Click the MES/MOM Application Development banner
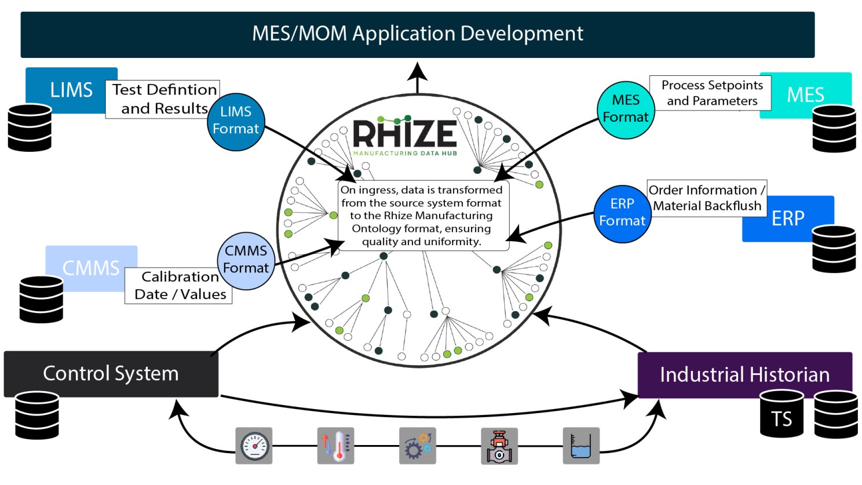(x=417, y=34)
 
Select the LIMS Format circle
(x=236, y=121)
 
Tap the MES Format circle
(x=626, y=110)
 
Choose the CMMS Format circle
(x=246, y=260)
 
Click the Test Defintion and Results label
(x=162, y=99)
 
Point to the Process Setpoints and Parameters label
(x=711, y=93)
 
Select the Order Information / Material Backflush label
(x=707, y=198)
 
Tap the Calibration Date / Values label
(x=178, y=286)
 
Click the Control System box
(x=111, y=374)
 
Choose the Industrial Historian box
(x=744, y=375)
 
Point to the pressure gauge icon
(x=254, y=446)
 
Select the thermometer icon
(x=335, y=446)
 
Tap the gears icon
(x=417, y=446)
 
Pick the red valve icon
(x=499, y=446)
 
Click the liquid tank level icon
(x=581, y=446)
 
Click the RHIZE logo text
(x=405, y=134)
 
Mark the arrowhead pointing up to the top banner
(x=417, y=72)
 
